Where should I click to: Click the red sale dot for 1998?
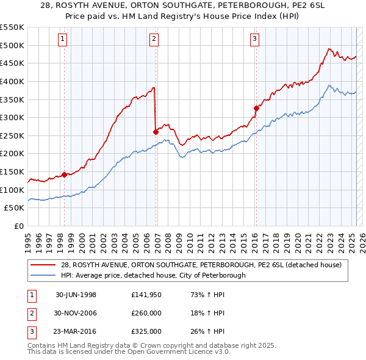(x=64, y=175)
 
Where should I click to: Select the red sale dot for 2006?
(x=156, y=131)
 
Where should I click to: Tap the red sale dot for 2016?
(x=256, y=108)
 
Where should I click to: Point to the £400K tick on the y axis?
(x=12, y=81)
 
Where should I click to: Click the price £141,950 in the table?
(x=147, y=295)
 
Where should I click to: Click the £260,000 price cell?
(x=147, y=313)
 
